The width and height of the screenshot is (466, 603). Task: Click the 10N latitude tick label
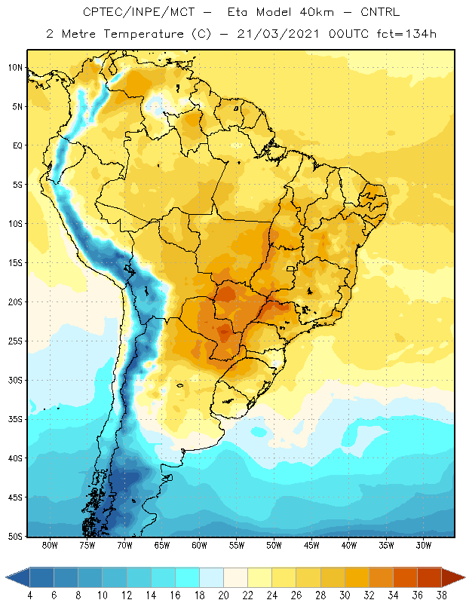(15, 68)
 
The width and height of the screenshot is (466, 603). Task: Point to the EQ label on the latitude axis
(18, 145)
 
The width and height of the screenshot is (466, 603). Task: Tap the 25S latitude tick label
(15, 341)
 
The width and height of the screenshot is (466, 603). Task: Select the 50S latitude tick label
(15, 537)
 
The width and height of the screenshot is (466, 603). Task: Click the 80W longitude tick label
(50, 545)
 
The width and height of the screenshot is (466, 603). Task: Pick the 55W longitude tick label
(237, 545)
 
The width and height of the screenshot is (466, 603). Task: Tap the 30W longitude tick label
(423, 545)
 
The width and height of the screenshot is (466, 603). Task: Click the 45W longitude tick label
(311, 545)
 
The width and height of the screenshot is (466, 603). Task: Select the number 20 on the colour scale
(223, 595)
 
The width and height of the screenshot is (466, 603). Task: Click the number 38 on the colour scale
(442, 595)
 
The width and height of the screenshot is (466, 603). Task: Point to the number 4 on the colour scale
(30, 595)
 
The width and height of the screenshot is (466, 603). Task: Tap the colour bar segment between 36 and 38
(430, 577)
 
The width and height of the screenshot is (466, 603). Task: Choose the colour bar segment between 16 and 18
(188, 577)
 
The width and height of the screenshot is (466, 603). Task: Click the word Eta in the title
(237, 12)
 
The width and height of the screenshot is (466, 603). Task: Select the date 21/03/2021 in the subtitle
(277, 34)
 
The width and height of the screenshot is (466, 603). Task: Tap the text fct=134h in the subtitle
(406, 34)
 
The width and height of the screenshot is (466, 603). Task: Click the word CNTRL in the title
(380, 12)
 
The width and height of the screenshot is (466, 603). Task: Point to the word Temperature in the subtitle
(143, 34)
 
